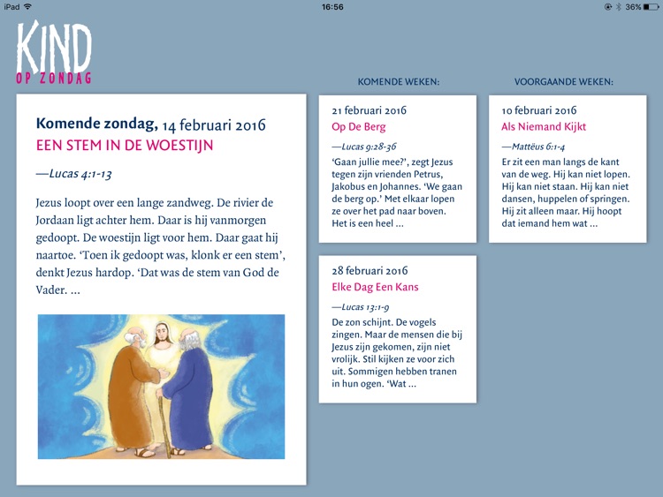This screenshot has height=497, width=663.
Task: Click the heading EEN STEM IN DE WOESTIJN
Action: pyautogui.click(x=125, y=146)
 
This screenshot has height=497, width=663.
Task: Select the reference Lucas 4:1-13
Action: pyautogui.click(x=73, y=174)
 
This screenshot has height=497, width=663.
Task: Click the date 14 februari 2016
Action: pyautogui.click(x=215, y=124)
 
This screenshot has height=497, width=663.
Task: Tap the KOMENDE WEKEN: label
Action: pyautogui.click(x=398, y=82)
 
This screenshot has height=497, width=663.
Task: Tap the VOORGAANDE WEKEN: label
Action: pyautogui.click(x=564, y=82)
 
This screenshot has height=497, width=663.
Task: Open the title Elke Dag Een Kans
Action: pyautogui.click(x=375, y=287)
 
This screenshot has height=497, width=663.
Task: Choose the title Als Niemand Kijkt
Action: pyautogui.click(x=538, y=127)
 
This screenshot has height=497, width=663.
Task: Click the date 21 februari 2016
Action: pyautogui.click(x=369, y=110)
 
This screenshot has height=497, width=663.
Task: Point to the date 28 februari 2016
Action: pyautogui.click(x=369, y=270)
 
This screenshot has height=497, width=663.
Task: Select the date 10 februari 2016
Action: pyautogui.click(x=538, y=110)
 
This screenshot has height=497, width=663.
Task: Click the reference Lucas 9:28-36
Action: pyautogui.click(x=364, y=147)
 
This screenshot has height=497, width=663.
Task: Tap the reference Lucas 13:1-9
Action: pyautogui.click(x=362, y=306)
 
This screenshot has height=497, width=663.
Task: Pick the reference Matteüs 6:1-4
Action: pyautogui.click(x=534, y=147)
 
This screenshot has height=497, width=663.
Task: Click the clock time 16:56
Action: pyautogui.click(x=332, y=6)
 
